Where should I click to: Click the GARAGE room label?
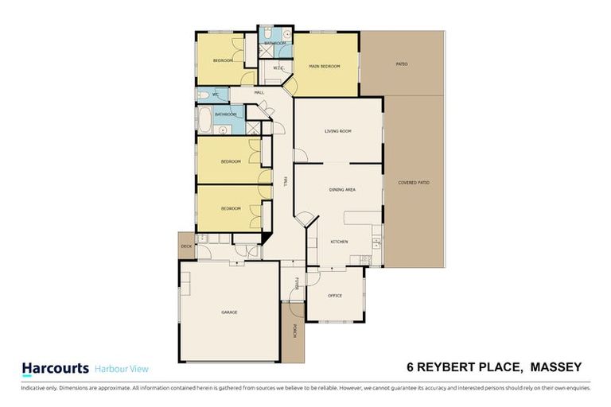pyautogui.click(x=229, y=312)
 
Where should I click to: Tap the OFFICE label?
pyautogui.click(x=335, y=296)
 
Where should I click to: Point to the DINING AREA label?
pyautogui.click(x=342, y=191)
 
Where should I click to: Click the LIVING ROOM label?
pyautogui.click(x=338, y=132)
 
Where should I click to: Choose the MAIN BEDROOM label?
pyautogui.click(x=325, y=67)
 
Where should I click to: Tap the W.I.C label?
pyautogui.click(x=278, y=68)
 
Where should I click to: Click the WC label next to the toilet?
pyautogui.click(x=215, y=95)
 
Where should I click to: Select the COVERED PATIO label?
pyautogui.click(x=414, y=183)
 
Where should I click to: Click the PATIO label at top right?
pyautogui.click(x=402, y=64)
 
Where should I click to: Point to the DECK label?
pyautogui.click(x=186, y=247)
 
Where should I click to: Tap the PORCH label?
pyautogui.click(x=294, y=331)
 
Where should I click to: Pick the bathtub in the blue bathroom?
pyautogui.click(x=204, y=121)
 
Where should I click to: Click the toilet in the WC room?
pyautogui.click(x=203, y=95)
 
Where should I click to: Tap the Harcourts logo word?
pyautogui.click(x=55, y=368)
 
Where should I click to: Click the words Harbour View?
pyautogui.click(x=122, y=369)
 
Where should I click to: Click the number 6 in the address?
pyautogui.click(x=410, y=366)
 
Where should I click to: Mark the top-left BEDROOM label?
pyautogui.click(x=223, y=61)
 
